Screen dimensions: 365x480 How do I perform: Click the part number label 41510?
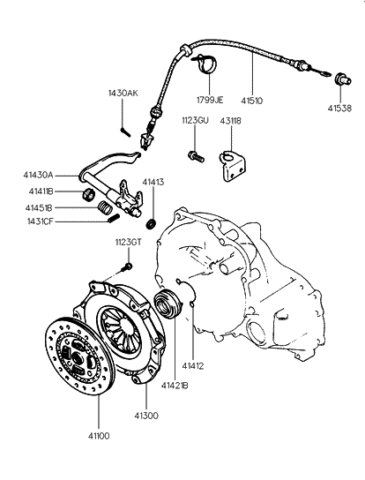pos(252,101)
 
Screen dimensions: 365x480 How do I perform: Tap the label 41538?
pos(340,108)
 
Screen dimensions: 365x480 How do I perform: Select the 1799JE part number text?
pos(210,100)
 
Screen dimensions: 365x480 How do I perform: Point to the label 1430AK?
pos(123,93)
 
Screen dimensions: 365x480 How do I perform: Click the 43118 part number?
pos(231,121)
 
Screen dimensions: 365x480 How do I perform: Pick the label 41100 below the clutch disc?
pos(99,436)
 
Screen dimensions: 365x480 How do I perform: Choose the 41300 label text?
pos(146,416)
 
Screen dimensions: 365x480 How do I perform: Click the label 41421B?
pos(175,386)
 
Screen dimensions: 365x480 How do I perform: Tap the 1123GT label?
pos(129,243)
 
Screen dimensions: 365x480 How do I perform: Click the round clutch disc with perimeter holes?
pos(80,356)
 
